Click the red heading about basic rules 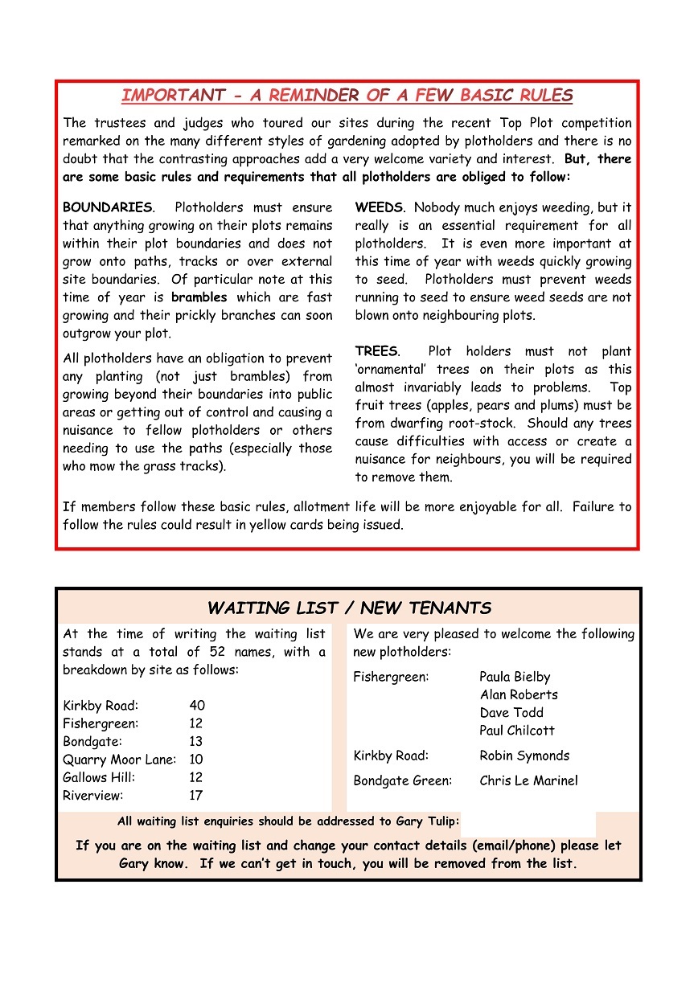click(x=347, y=96)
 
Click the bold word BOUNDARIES click(x=107, y=207)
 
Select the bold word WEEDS click(x=380, y=207)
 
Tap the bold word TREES click(x=376, y=351)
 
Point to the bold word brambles click(x=199, y=297)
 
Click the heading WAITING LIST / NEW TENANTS click(x=349, y=608)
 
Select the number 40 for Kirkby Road click(x=197, y=706)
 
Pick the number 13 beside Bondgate click(x=196, y=742)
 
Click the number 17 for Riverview click(x=196, y=796)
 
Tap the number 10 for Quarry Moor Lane click(x=196, y=760)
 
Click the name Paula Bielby click(x=515, y=677)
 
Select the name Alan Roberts click(x=519, y=694)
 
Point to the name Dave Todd click(x=511, y=712)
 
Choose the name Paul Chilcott click(x=517, y=731)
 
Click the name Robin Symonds click(x=524, y=756)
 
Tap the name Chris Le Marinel click(x=528, y=780)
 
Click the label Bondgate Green click(x=403, y=780)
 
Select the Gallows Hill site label click(x=99, y=777)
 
